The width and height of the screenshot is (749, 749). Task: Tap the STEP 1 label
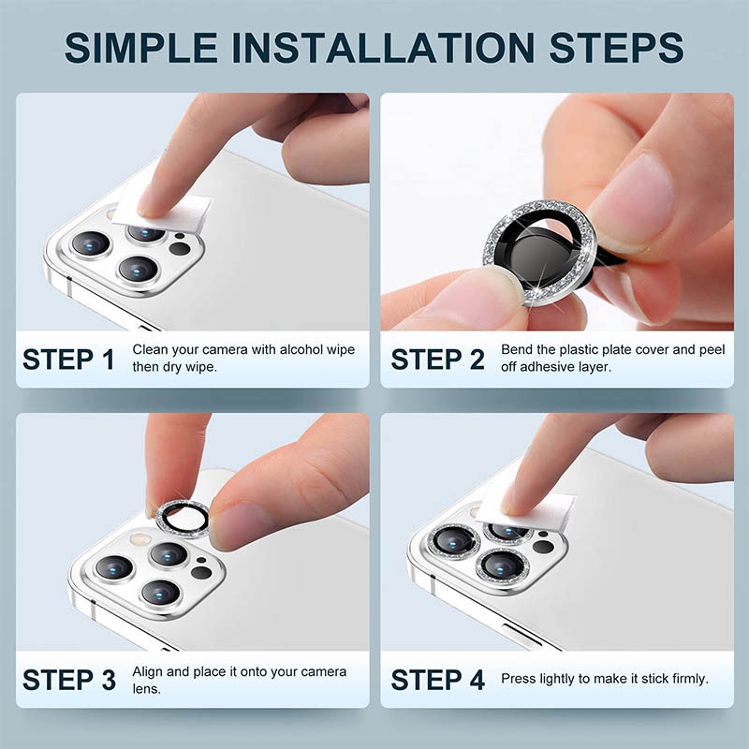click(x=68, y=360)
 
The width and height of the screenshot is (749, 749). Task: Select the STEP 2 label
click(x=437, y=360)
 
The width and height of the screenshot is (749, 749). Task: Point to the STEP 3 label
click(x=68, y=680)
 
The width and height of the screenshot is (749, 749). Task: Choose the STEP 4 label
click(x=437, y=680)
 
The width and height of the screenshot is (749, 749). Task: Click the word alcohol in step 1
click(x=301, y=349)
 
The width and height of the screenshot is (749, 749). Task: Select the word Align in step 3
click(x=148, y=672)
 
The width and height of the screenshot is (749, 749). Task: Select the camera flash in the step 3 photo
click(x=140, y=540)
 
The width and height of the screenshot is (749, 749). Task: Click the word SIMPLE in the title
click(x=141, y=48)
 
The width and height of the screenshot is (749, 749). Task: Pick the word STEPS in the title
click(x=616, y=48)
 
